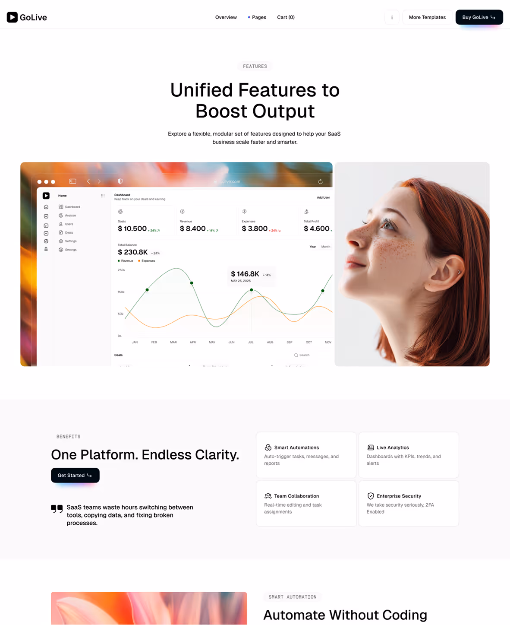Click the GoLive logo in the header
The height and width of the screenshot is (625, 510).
pos(27,17)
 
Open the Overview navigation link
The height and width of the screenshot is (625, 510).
pos(226,17)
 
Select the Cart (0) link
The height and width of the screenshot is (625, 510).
pos(286,17)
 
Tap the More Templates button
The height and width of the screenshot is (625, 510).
pos(427,17)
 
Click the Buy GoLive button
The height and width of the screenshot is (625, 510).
pos(479,17)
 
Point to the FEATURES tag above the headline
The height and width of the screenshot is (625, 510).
pos(255,67)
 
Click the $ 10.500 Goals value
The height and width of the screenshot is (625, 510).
pos(132,228)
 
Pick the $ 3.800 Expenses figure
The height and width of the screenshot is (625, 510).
pos(255,228)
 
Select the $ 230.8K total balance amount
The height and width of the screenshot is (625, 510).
pos(133,252)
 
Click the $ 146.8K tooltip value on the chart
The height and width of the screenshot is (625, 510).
pos(245,274)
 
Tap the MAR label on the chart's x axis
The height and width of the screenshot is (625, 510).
pos(173,342)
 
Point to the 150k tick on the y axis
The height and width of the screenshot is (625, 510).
pos(121,292)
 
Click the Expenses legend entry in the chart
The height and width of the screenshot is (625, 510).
pos(148,261)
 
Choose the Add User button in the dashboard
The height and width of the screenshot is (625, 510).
pos(323,197)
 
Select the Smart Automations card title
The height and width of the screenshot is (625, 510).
pos(296,447)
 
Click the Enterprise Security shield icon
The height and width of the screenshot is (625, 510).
pos(371,496)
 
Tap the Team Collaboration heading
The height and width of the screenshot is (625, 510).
pos(296,496)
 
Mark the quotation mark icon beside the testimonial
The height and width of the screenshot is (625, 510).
pos(57,508)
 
